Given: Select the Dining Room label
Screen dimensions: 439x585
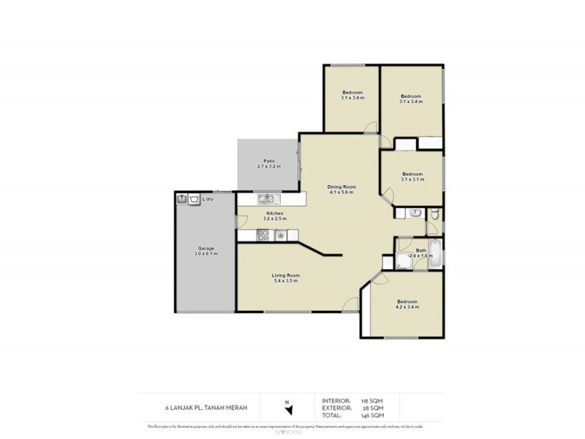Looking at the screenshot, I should [340, 189].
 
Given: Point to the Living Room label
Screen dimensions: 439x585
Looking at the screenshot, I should [286, 277].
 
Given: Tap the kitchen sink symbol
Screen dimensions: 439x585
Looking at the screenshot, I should [265, 198].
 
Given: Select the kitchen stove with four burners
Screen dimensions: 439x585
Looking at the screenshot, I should [263, 235].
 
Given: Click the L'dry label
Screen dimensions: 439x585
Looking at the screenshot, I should [208, 198].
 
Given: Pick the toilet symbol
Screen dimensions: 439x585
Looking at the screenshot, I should [434, 213].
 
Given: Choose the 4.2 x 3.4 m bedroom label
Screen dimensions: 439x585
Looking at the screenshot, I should [407, 304].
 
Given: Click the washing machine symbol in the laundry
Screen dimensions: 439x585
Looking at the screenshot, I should [193, 198].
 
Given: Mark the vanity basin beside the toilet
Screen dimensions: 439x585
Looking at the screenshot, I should [414, 213].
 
